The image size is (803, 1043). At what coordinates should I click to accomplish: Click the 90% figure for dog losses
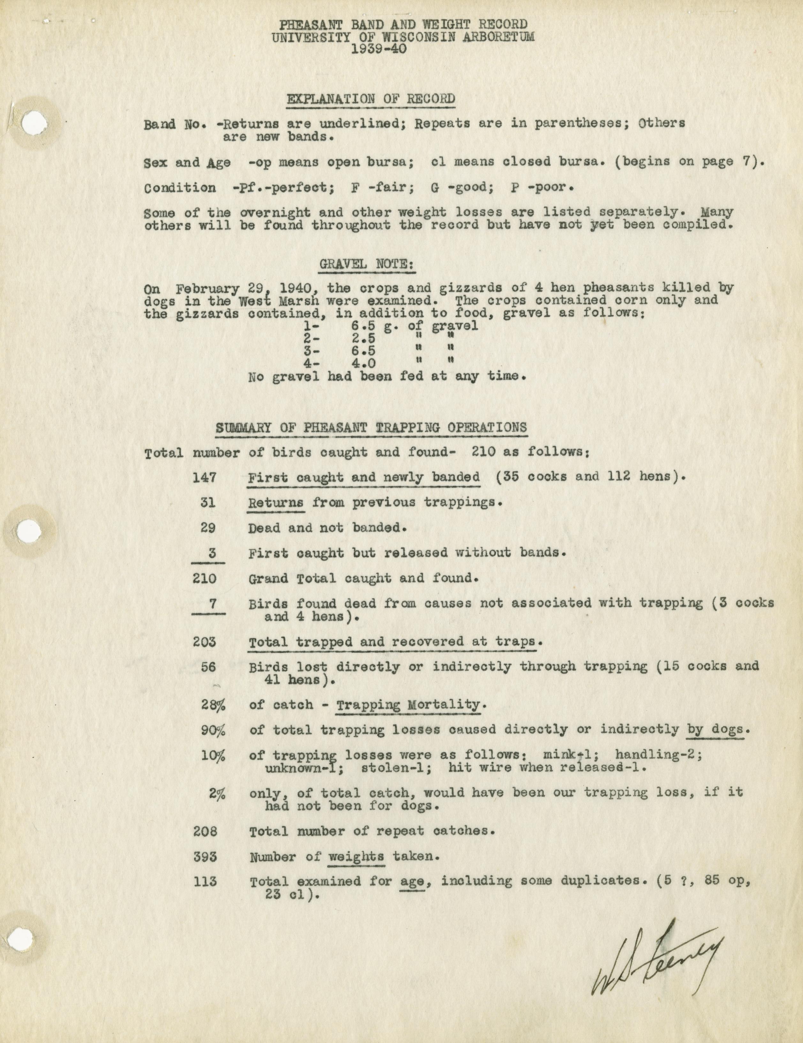pyautogui.click(x=213, y=730)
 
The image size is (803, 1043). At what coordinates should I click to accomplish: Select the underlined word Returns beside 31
pyautogui.click(x=276, y=502)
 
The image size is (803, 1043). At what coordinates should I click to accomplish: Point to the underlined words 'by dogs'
pyautogui.click(x=715, y=730)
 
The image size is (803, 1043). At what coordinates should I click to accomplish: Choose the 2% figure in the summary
pyautogui.click(x=217, y=793)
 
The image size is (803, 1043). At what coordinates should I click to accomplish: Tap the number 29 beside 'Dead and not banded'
pyautogui.click(x=208, y=528)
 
